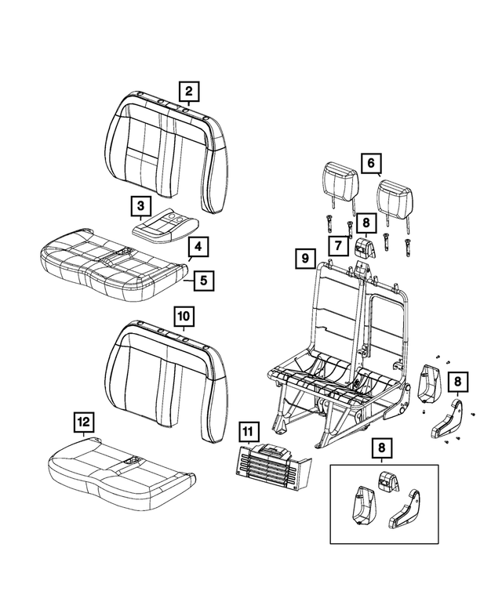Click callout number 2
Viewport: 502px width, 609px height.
point(188,92)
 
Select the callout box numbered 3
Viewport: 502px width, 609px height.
point(140,206)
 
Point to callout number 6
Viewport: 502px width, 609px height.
point(370,163)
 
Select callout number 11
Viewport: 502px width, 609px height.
point(249,431)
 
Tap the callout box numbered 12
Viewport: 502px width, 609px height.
point(84,422)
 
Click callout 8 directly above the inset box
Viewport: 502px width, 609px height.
point(380,448)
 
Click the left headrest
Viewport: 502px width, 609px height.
point(338,179)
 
